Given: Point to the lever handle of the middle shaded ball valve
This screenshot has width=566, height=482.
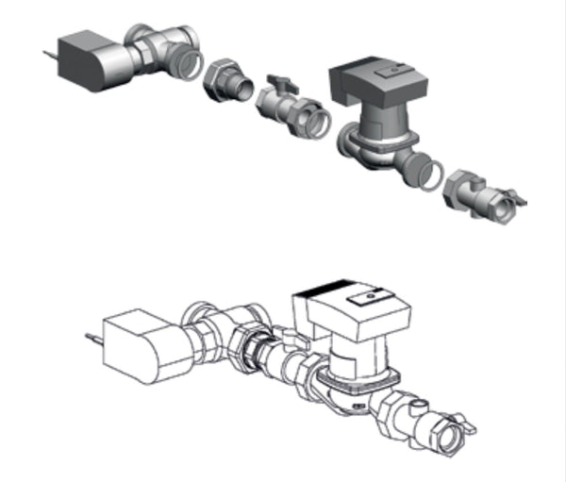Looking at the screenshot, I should click(x=279, y=84).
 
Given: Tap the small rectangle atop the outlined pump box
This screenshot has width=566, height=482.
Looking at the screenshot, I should click(x=361, y=299).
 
